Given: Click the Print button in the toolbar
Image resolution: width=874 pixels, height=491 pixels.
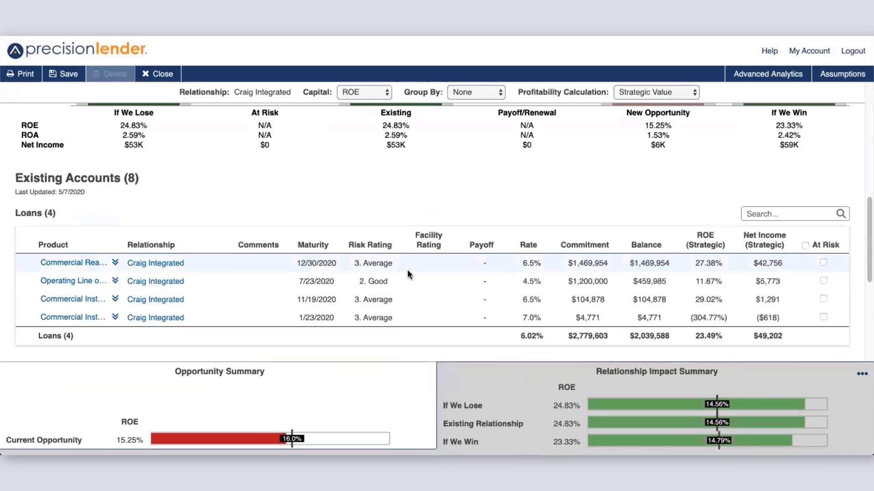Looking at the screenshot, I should tap(20, 74).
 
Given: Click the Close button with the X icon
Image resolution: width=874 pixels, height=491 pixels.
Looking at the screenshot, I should tap(158, 74).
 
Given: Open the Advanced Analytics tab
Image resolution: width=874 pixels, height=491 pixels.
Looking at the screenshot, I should tap(767, 74).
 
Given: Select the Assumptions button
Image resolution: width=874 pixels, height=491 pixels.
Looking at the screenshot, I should tap(842, 74).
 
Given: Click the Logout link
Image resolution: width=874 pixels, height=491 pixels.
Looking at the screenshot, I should tap(853, 51).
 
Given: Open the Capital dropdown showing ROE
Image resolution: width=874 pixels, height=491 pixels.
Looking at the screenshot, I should tap(364, 92).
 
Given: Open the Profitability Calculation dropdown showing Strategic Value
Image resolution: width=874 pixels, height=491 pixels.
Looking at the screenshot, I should tap(656, 92).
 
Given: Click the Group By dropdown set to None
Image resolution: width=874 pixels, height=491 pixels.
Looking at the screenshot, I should tap(476, 92).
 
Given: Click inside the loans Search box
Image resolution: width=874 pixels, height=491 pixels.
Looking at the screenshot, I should tap(790, 214).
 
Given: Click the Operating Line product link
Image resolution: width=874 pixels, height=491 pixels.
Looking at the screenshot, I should tap(73, 281).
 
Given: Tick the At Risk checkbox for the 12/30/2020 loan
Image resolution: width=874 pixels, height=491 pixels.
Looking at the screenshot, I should tap(823, 262).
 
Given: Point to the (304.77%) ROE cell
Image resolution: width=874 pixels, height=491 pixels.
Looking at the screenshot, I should tap(708, 317).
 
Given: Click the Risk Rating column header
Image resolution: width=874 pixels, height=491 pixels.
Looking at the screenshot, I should tap(370, 245).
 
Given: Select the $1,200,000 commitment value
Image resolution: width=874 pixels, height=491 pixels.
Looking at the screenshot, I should tap(587, 281).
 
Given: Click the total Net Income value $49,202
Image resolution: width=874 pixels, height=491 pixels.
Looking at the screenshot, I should tap(767, 336).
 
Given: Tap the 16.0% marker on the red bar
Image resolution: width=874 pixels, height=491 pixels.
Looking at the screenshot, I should tap(292, 439).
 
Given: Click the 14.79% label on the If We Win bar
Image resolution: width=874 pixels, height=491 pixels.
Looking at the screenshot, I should tap(718, 441).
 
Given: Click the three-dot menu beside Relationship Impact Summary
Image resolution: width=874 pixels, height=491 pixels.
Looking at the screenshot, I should tap(862, 373).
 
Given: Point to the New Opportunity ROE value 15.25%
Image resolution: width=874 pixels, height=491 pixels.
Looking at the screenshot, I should tap(658, 125).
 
